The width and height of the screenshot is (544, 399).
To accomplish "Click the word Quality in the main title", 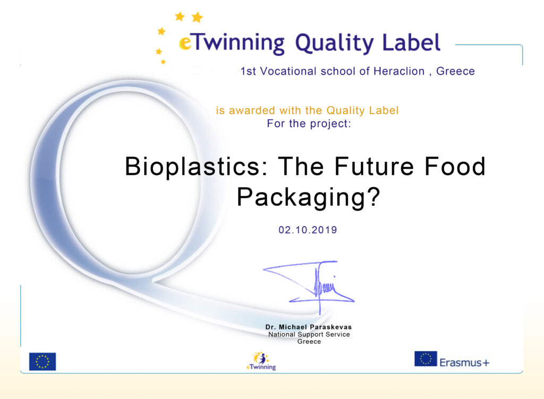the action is pyautogui.click(x=334, y=44).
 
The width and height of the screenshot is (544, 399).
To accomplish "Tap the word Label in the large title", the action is pyautogui.click(x=411, y=42).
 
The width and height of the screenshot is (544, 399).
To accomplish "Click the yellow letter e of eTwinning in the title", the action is pyautogui.click(x=185, y=44).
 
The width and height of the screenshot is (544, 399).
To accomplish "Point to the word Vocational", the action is pyautogui.click(x=288, y=71).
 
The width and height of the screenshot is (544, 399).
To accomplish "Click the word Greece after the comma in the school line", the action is pyautogui.click(x=455, y=71).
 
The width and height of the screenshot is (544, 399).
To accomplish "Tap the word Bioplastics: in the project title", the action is pyautogui.click(x=197, y=167).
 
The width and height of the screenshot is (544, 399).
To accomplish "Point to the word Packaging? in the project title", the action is pyautogui.click(x=309, y=197).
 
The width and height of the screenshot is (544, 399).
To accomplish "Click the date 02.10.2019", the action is pyautogui.click(x=308, y=230).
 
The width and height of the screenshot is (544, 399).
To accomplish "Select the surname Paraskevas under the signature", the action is pyautogui.click(x=330, y=327).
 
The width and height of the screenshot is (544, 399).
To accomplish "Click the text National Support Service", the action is pyautogui.click(x=309, y=334).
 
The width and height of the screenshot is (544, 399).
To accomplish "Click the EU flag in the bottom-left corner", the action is pyautogui.click(x=42, y=362).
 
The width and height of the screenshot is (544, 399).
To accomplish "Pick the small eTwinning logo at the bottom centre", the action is pyautogui.click(x=261, y=361).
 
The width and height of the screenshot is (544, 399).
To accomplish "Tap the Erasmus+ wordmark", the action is pyautogui.click(x=464, y=362).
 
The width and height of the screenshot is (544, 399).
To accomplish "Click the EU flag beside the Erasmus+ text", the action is pyautogui.click(x=426, y=359).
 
